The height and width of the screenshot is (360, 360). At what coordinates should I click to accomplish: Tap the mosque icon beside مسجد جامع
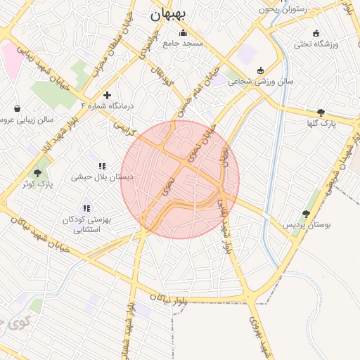coord(184,32)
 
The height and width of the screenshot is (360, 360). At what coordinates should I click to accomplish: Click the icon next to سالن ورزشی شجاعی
coord(261,70)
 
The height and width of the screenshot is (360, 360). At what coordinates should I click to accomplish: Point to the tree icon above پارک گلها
coord(321,112)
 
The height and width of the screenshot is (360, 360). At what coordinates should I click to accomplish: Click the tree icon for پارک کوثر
coord(37,173)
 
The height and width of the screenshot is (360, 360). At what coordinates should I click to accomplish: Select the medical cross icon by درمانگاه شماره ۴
coord(107,95)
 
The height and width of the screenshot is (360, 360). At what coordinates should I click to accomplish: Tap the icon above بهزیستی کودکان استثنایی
coord(86,209)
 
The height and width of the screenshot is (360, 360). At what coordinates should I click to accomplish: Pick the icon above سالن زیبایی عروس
coord(17,109)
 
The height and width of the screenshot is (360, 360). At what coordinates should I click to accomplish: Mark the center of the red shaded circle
coord(180,179)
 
